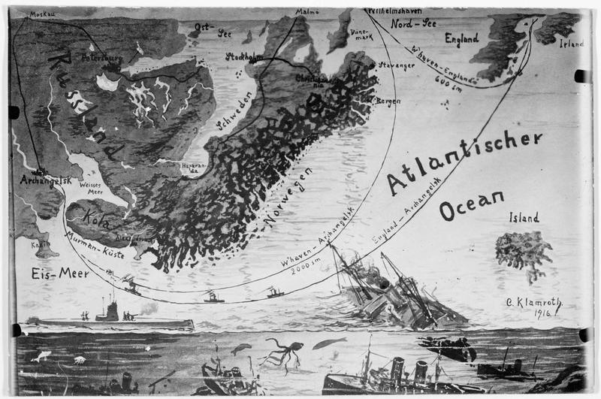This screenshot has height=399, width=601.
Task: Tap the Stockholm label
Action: [x=244, y=56]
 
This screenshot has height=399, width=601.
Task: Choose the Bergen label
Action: [x=383, y=100]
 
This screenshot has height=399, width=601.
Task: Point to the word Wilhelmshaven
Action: [x=396, y=13]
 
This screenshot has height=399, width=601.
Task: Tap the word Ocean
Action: [x=471, y=204]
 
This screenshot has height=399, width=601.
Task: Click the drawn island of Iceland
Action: [x=523, y=250]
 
